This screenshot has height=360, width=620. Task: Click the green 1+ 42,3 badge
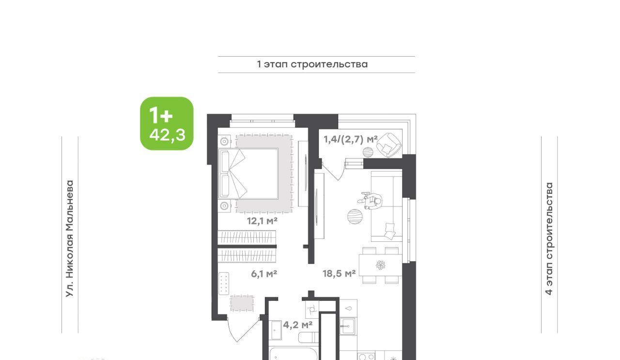click(x=167, y=124)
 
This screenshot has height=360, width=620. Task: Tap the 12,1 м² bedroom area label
click(x=262, y=221)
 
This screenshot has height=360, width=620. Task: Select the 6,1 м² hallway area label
click(x=264, y=274)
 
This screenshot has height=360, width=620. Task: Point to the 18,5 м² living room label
click(x=339, y=274)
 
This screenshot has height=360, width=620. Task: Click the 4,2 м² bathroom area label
click(x=298, y=325)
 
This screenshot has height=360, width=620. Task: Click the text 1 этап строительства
click(x=312, y=64)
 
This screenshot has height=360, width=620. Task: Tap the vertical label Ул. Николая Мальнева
click(x=70, y=239)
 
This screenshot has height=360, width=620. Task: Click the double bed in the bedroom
click(x=248, y=173)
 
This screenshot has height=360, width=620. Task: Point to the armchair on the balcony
click(x=389, y=145)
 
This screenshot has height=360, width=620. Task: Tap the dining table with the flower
click(x=380, y=265)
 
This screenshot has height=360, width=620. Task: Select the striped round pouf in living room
click(x=355, y=217)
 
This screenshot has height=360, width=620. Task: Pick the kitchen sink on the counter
click(x=347, y=326)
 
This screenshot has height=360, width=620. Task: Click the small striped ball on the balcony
click(x=368, y=152)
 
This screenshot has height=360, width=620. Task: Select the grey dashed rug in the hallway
click(x=242, y=303)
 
